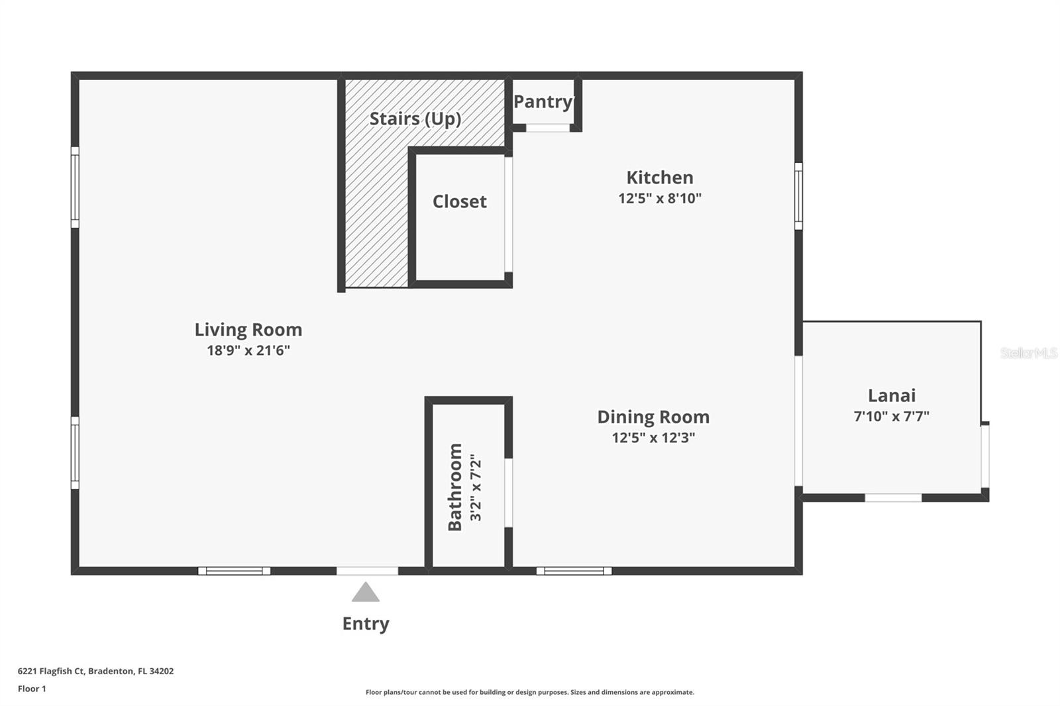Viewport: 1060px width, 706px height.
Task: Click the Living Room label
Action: coord(248,329)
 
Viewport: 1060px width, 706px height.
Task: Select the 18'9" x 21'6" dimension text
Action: coord(248,350)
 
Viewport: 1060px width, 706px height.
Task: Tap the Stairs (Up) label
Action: coord(415,119)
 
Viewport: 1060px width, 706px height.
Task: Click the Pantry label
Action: coord(543,101)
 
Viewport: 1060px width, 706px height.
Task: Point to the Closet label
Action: coord(459,201)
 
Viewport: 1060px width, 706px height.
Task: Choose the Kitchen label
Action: coord(660,177)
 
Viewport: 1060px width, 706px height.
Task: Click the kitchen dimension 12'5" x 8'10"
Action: coord(660,198)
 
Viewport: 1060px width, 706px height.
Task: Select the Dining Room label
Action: coord(653,417)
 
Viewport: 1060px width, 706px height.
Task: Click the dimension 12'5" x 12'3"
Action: coord(653,438)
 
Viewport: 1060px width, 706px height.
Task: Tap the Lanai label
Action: coord(892,395)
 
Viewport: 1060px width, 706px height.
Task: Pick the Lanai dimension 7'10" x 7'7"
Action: coord(892,417)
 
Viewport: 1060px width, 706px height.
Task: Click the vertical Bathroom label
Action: coord(455,487)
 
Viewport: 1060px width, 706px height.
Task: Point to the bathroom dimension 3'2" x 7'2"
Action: coord(476,487)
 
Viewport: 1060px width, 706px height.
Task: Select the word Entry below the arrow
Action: coord(366,624)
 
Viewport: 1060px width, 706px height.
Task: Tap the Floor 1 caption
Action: coord(32,689)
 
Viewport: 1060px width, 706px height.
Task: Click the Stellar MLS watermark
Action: coord(1028,353)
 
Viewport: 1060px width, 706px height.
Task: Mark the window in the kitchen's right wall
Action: coord(798,197)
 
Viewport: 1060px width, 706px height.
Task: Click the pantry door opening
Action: coord(548,128)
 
